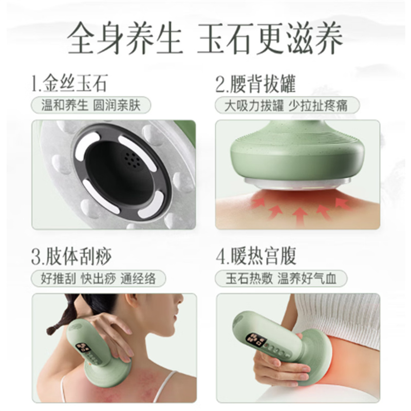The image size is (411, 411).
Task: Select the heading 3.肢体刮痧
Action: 71,255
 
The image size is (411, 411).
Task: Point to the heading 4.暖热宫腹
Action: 256,255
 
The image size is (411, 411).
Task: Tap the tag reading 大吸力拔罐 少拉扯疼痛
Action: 287,105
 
